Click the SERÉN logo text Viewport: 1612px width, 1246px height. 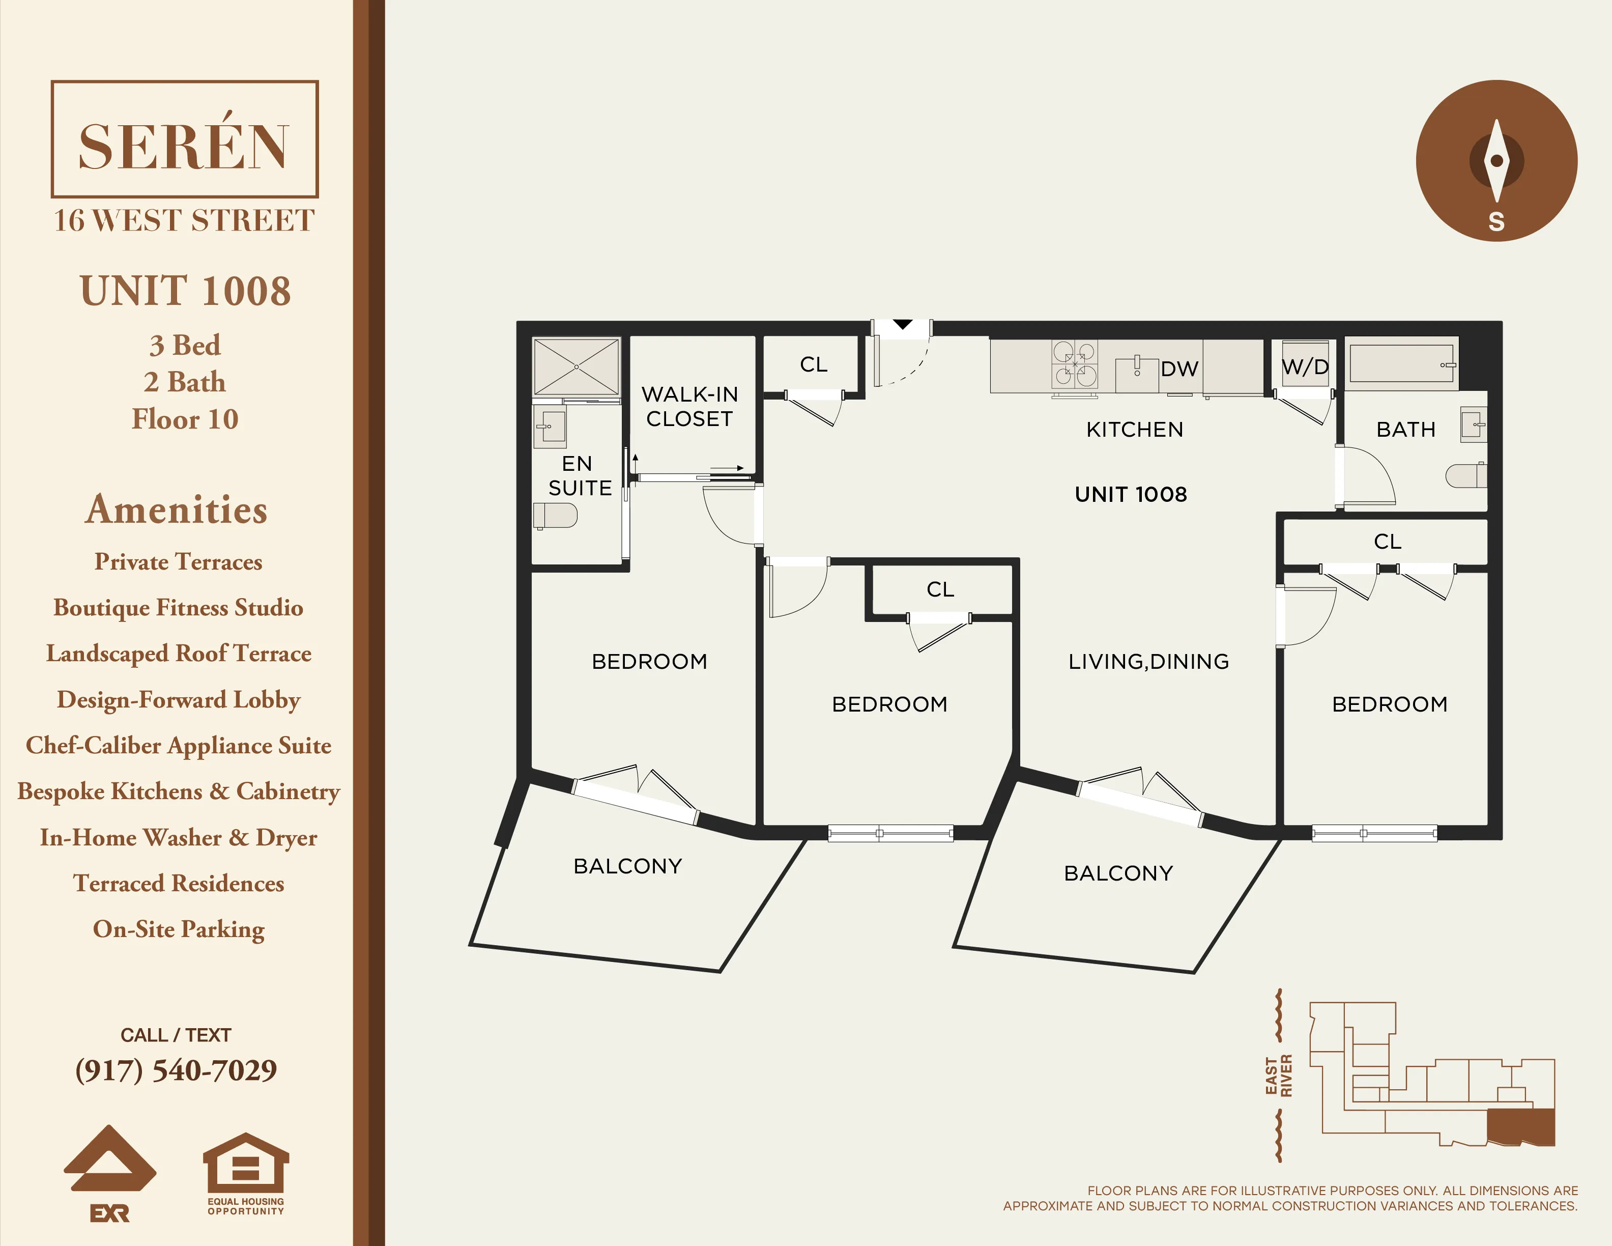(x=183, y=146)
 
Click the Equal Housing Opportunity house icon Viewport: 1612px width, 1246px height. (x=245, y=1164)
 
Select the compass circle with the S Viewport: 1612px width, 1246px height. (x=1496, y=160)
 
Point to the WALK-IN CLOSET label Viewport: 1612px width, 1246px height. (x=689, y=406)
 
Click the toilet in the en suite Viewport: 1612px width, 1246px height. (x=555, y=515)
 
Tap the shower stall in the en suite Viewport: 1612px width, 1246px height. (x=575, y=367)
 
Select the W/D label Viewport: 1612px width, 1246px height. (x=1305, y=367)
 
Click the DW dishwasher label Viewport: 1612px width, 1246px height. (x=1179, y=369)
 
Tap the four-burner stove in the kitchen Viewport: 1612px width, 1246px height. (x=1075, y=364)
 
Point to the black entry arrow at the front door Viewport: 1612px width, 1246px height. (x=903, y=325)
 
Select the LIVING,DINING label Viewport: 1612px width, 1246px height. (x=1148, y=661)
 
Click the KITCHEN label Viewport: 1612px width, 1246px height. (x=1134, y=429)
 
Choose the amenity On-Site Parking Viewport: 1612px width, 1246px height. (x=179, y=928)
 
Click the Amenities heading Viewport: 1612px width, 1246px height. (x=177, y=509)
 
